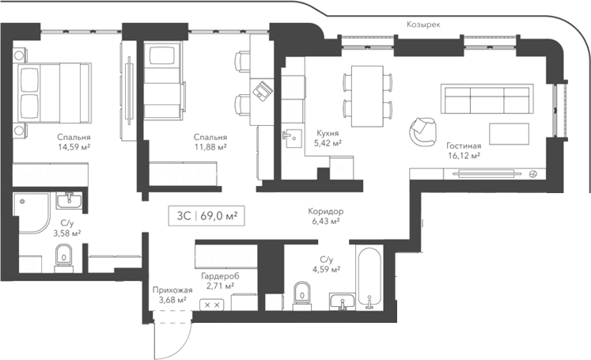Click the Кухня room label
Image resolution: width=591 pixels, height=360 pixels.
click(328, 133)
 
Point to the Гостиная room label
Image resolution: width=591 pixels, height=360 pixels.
click(464, 146)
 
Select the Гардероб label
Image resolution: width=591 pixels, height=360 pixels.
click(218, 275)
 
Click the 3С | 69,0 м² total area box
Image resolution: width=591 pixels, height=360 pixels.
click(203, 214)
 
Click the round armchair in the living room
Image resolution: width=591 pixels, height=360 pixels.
click(422, 131)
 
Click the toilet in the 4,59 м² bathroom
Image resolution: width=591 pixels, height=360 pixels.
click(301, 294)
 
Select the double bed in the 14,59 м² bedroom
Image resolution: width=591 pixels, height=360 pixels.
click(51, 93)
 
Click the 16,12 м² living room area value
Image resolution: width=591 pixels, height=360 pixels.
click(464, 156)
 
